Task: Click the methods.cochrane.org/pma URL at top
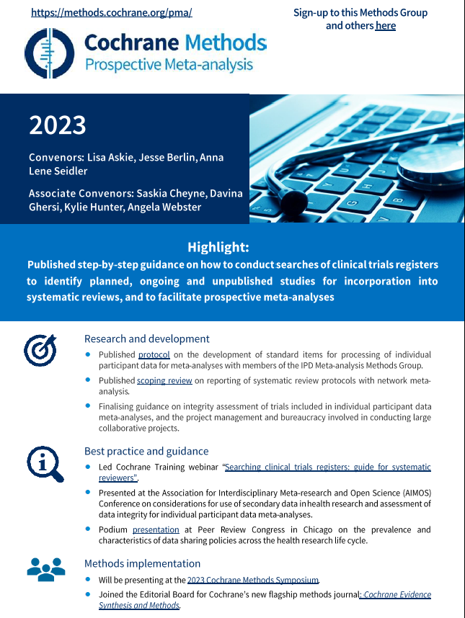(111, 13)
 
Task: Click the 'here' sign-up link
(385, 26)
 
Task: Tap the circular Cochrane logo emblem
(50, 53)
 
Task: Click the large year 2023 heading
(58, 125)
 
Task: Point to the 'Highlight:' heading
(218, 247)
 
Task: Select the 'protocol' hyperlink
(154, 354)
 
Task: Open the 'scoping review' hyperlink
(164, 380)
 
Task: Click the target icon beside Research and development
(40, 350)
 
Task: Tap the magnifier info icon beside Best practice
(45, 463)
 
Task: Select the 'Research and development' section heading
(146, 339)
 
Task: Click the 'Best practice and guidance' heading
(146, 452)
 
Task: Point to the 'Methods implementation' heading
(142, 563)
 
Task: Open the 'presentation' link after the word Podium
(156, 529)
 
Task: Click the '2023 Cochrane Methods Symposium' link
(252, 580)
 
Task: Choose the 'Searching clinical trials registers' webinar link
(328, 467)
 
